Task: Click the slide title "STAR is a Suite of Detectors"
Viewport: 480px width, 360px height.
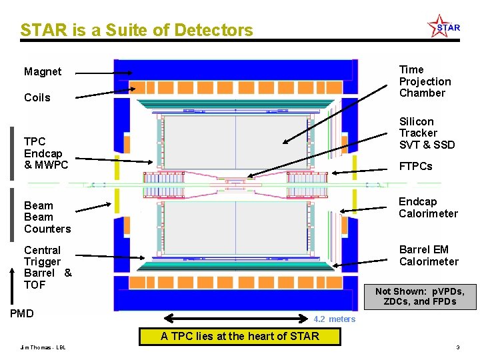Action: coord(137,30)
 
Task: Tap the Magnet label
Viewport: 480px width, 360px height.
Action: coord(43,72)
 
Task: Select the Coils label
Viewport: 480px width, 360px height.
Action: coord(37,97)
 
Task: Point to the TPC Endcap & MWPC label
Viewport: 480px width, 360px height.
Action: coord(45,153)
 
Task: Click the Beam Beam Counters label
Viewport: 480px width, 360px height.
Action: coord(47,217)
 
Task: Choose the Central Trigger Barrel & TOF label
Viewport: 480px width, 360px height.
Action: coord(47,267)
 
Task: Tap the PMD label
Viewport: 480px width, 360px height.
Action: coord(23,313)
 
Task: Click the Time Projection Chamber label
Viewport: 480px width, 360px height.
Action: coord(425,81)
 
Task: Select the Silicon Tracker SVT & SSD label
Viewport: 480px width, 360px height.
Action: coord(427,133)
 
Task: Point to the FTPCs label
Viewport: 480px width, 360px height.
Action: coord(415,166)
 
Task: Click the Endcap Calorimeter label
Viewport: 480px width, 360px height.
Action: coord(428,207)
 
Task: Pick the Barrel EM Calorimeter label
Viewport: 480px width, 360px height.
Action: coord(429,255)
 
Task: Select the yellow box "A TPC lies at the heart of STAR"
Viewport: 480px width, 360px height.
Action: coord(239,336)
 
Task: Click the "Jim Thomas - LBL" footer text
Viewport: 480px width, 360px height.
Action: coord(43,347)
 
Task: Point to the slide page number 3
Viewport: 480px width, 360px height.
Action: coord(458,347)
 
